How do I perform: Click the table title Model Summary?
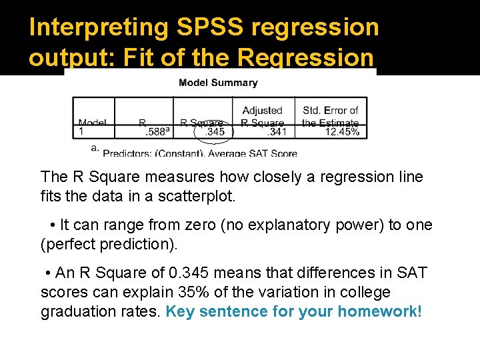pyautogui.click(x=218, y=83)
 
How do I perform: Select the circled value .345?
pyautogui.click(x=215, y=132)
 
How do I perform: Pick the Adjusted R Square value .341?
pyautogui.click(x=277, y=132)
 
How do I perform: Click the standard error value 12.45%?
pyautogui.click(x=342, y=132)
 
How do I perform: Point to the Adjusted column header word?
pyautogui.click(x=262, y=111)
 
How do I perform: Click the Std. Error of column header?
pyautogui.click(x=330, y=111)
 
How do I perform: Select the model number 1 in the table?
pyautogui.click(x=81, y=132)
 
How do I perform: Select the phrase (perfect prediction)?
pyautogui.click(x=109, y=245)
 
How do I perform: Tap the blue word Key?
pyautogui.click(x=179, y=311)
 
